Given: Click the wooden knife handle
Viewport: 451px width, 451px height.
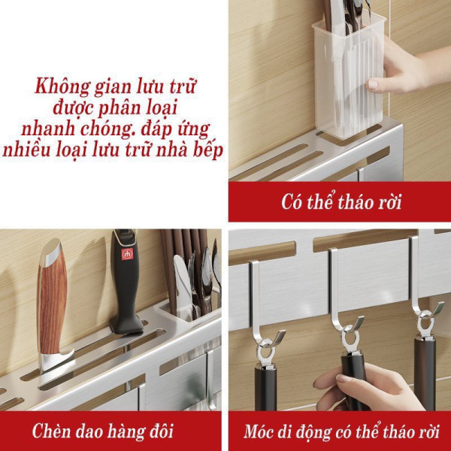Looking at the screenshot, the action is (52, 299).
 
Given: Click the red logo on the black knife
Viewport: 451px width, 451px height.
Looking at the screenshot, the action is (127, 254).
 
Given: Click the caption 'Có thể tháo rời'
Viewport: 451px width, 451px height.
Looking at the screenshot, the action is (341, 201).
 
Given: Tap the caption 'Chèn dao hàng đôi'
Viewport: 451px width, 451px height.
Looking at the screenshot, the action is (103, 431).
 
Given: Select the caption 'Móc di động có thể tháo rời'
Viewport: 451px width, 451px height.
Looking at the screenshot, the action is (341, 431).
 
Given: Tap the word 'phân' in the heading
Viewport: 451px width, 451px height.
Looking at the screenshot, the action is (118, 108).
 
